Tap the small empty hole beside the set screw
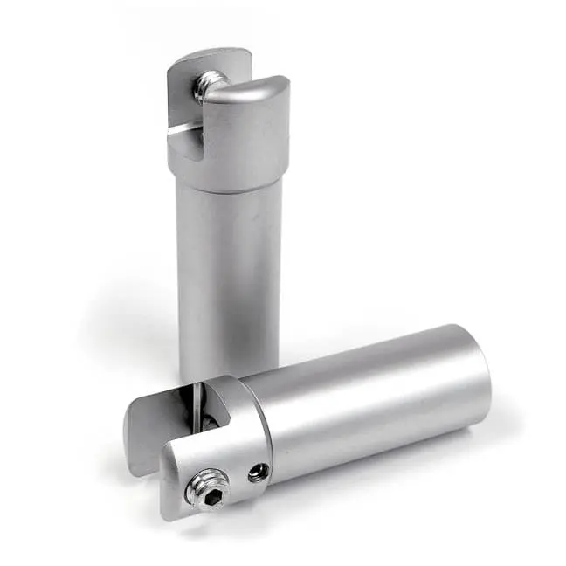255,473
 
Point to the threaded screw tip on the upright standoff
208,84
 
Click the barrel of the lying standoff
367,402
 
